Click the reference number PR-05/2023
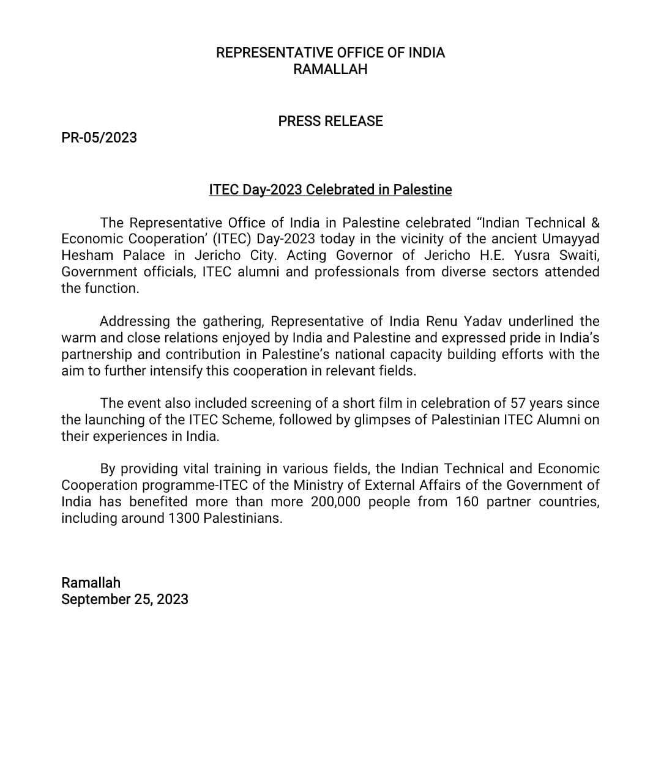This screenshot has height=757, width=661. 99,138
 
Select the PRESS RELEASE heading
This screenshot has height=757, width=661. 330,121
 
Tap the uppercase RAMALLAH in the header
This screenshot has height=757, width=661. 330,69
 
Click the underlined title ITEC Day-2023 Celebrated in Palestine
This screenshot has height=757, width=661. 330,190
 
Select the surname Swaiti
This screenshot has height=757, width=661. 580,255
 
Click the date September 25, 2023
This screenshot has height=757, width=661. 125,599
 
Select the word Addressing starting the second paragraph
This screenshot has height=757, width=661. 135,321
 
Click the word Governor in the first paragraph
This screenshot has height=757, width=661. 364,255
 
